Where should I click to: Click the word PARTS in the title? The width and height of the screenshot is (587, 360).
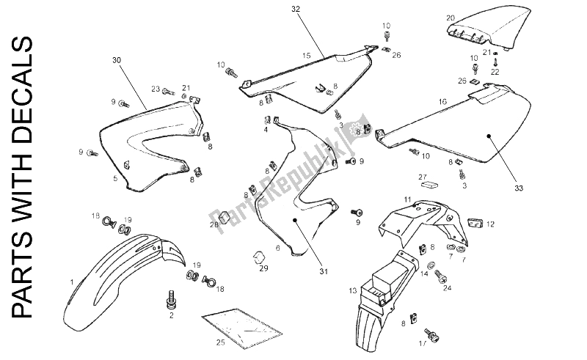23,282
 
